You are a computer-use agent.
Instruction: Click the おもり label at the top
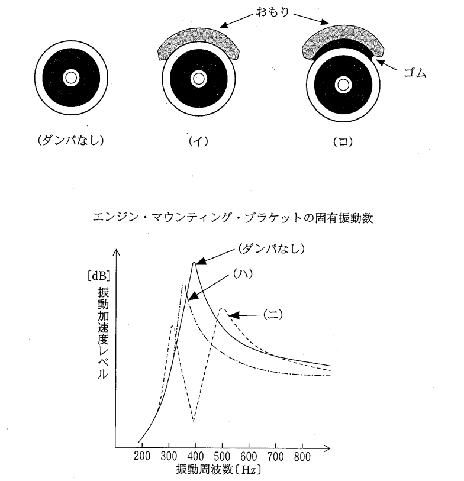(x=272, y=12)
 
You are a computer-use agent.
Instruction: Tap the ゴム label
(x=415, y=73)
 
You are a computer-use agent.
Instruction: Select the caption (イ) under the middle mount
(x=198, y=141)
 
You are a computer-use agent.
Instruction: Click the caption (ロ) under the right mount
(x=343, y=142)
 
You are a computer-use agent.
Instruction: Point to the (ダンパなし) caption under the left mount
(x=71, y=140)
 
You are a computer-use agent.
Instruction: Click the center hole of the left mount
(x=71, y=78)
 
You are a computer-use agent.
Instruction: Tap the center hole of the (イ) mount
(x=198, y=79)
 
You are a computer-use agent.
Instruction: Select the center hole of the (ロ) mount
(x=343, y=85)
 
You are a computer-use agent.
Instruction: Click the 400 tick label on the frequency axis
(x=195, y=457)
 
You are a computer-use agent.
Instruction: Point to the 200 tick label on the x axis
(x=142, y=456)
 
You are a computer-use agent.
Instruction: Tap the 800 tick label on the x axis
(x=302, y=457)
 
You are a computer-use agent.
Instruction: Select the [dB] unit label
(x=99, y=276)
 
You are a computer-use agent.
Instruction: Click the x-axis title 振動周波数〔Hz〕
(x=218, y=470)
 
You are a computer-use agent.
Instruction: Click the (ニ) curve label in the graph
(x=273, y=315)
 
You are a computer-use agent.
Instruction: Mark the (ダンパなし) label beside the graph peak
(x=272, y=248)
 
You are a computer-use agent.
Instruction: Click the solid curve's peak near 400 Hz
(x=194, y=263)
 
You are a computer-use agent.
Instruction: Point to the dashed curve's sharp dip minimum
(x=194, y=421)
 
